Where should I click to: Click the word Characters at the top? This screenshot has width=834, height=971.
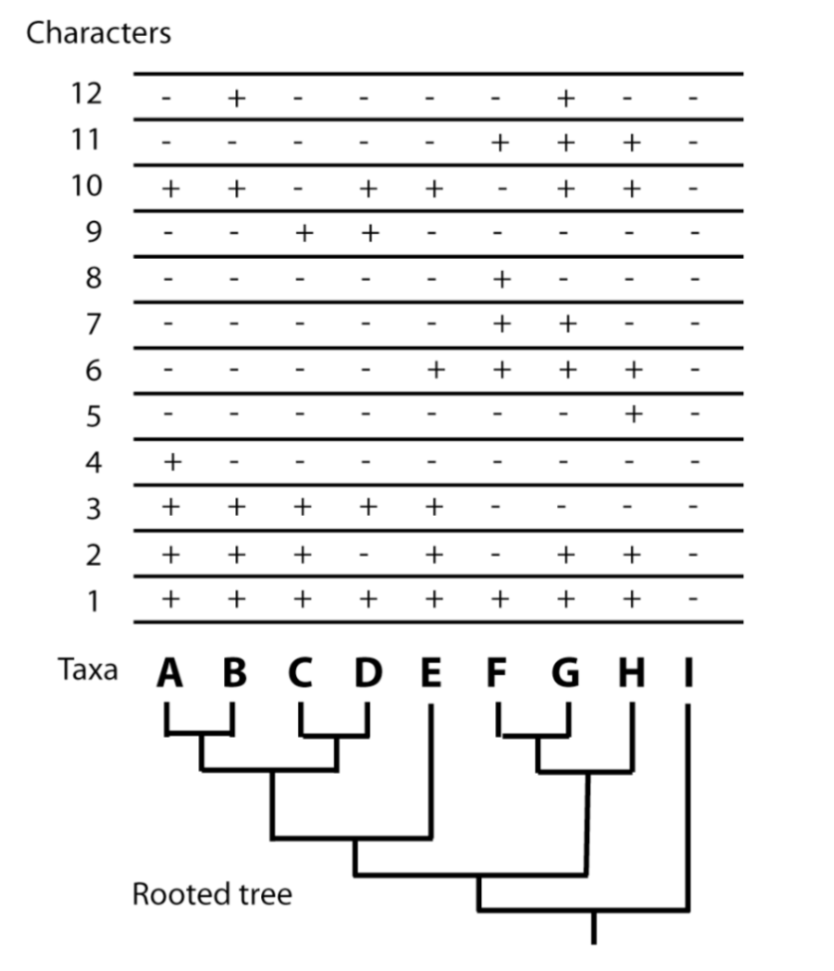coord(98,33)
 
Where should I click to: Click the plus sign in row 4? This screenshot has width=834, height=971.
coord(171,463)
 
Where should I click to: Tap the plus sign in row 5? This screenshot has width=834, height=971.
coord(632,416)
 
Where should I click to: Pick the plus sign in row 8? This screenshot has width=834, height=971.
coord(500,279)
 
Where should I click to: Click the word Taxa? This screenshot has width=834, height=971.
coord(86,670)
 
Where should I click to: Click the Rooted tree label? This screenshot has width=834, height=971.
coord(212,894)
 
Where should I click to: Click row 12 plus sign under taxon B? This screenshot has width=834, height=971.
coord(235,97)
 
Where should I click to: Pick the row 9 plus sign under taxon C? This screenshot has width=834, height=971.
coord(302,233)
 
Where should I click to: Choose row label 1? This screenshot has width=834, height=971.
coord(92,601)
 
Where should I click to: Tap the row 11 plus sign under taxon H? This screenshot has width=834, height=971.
coord(632,142)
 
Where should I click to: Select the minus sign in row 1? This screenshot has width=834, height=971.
coord(695,600)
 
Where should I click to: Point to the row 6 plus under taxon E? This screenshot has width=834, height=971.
coord(434,371)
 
